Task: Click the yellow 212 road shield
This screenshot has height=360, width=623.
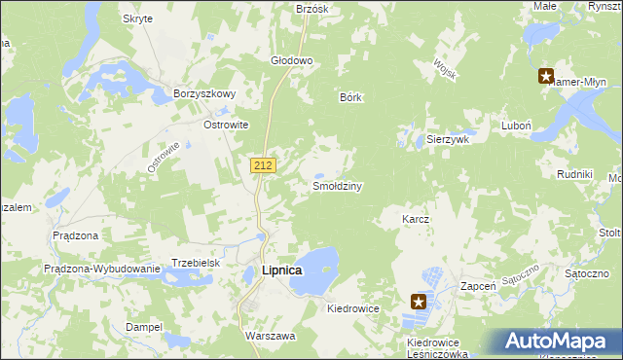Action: tap(262, 165)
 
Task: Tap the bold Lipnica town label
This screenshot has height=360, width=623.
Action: tap(282, 270)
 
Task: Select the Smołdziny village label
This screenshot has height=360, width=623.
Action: tap(337, 185)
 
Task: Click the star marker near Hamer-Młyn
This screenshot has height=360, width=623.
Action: tap(546, 75)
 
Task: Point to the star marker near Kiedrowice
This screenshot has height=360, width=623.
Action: tap(420, 302)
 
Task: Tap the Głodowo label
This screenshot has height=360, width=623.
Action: tap(291, 60)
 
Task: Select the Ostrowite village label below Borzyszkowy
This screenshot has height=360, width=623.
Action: tap(226, 126)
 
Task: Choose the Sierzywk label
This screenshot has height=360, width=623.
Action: tap(449, 139)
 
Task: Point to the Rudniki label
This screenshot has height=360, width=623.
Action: tap(574, 173)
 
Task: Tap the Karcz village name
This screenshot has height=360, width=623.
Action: tap(416, 220)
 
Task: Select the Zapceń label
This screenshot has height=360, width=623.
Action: tap(479, 286)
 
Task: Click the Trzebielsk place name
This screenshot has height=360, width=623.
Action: tap(198, 263)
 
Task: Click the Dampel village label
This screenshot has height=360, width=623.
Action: tap(144, 327)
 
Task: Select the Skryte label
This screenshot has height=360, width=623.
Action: tap(137, 19)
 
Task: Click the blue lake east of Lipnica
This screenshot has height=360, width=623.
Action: tap(315, 269)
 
